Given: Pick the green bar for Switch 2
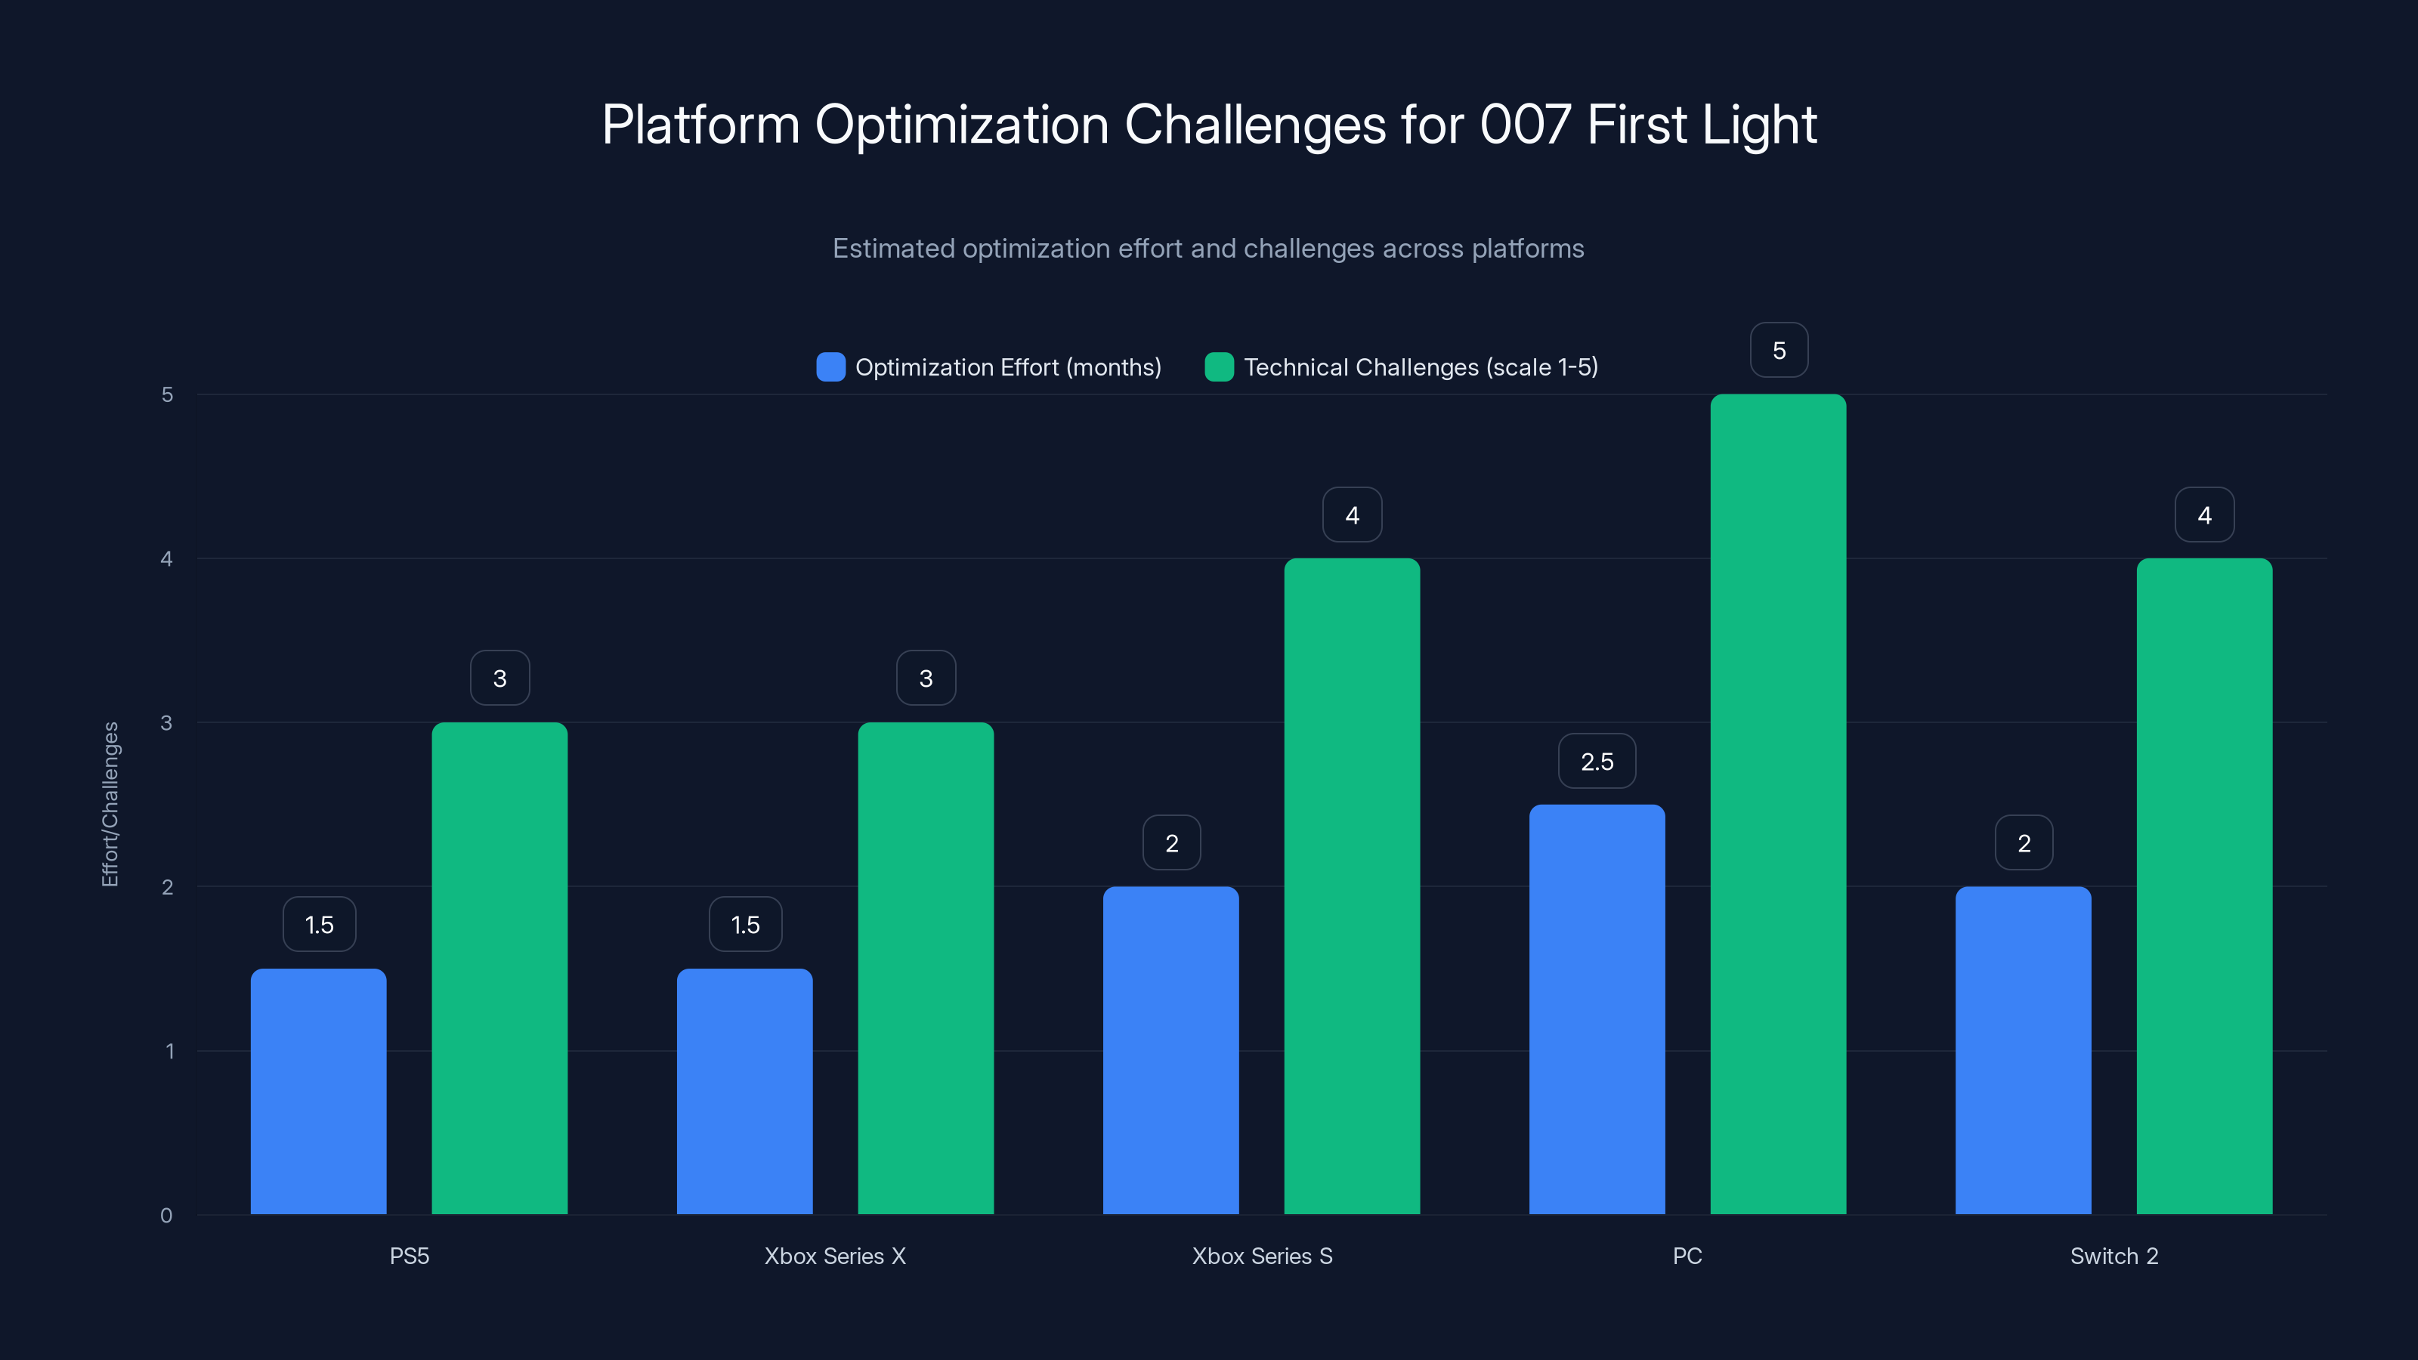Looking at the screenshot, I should click(2204, 886).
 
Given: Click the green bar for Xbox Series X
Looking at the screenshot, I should click(926, 968).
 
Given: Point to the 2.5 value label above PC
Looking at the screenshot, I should click(1597, 761).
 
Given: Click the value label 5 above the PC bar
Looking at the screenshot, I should click(1779, 350).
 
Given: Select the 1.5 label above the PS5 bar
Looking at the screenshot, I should click(319, 925).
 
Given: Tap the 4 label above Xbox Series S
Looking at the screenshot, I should click(1352, 515).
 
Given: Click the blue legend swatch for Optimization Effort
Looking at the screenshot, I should click(830, 367).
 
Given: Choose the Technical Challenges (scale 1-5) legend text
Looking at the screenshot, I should click(1421, 367).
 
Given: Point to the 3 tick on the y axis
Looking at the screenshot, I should click(167, 723).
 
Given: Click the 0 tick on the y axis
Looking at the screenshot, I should click(166, 1216).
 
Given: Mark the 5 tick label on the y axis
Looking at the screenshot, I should click(167, 394).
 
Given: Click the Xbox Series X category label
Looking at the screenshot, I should click(834, 1256).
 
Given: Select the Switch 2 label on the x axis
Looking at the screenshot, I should click(2114, 1256).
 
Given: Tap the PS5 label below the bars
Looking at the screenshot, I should click(410, 1256).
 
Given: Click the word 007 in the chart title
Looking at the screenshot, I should click(1524, 124).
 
